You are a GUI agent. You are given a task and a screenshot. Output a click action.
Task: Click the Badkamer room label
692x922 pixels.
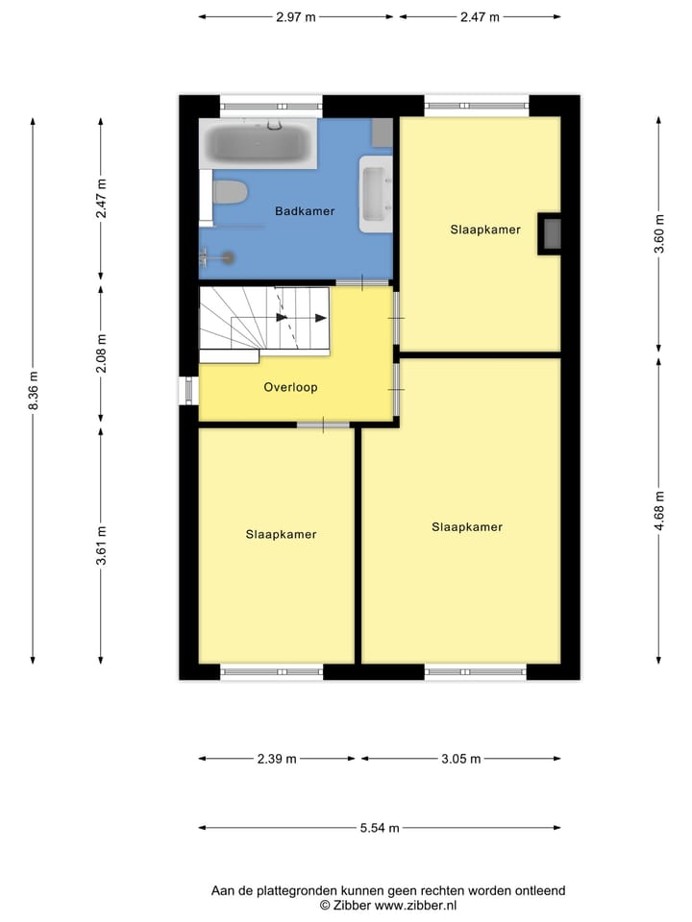click(305, 211)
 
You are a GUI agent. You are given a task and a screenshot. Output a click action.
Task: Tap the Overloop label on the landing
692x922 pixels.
click(290, 388)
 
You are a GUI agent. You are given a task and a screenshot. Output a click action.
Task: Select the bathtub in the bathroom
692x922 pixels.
click(258, 144)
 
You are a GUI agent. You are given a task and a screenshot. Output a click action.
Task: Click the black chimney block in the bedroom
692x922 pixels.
click(551, 233)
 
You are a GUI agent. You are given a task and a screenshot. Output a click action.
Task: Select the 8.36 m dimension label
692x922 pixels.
click(34, 391)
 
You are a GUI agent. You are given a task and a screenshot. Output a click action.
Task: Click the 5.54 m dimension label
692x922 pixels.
click(379, 828)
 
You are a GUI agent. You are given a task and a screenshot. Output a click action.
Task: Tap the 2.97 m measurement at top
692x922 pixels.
click(296, 17)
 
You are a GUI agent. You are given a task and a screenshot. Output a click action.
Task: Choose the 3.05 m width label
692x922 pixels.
click(460, 759)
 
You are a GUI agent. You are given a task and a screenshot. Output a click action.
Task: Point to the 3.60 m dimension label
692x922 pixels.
click(658, 234)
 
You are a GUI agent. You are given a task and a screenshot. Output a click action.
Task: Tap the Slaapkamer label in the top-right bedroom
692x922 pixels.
click(485, 230)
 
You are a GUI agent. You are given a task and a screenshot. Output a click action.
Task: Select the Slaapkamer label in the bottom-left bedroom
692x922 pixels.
click(281, 535)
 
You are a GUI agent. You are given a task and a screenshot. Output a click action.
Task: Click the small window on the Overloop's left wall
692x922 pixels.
click(188, 390)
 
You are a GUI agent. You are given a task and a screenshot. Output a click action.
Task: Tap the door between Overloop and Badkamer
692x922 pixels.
click(362, 281)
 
